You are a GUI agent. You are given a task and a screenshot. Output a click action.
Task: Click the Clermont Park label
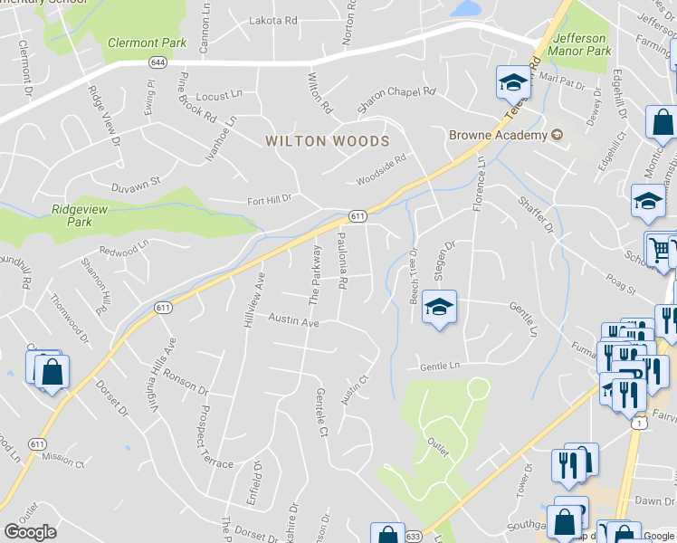147,42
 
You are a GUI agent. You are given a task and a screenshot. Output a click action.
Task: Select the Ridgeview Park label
72,214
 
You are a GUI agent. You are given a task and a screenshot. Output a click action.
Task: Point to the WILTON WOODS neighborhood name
327,141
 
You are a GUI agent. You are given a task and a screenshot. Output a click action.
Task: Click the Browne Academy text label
499,135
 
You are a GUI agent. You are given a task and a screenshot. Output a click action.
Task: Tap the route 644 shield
158,62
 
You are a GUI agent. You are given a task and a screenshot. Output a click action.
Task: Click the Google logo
31,532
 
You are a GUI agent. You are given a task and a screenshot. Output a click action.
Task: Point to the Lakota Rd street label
272,20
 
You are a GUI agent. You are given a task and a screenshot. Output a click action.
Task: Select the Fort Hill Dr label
270,200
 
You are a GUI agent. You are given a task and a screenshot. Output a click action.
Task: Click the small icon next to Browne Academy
557,135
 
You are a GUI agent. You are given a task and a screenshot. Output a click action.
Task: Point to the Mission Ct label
62,461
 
